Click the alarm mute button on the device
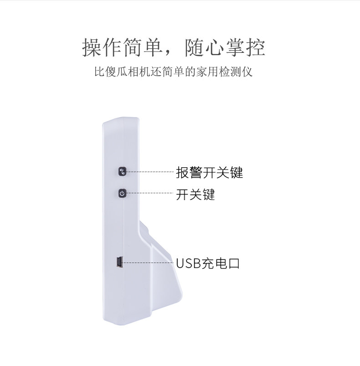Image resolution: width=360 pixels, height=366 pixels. pyautogui.click(x=122, y=172)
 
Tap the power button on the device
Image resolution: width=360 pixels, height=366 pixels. pyautogui.click(x=122, y=194)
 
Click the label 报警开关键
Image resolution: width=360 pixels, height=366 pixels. pyautogui.click(x=209, y=173)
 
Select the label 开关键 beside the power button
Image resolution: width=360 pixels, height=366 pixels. pyautogui.click(x=195, y=195)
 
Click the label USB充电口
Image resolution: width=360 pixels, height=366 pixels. pyautogui.click(x=207, y=263)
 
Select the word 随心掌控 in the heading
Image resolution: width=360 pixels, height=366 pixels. pyautogui.click(x=225, y=48)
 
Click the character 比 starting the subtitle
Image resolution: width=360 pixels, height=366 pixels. pyautogui.click(x=98, y=72)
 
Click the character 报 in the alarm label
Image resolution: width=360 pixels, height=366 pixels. pyautogui.click(x=182, y=173)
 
